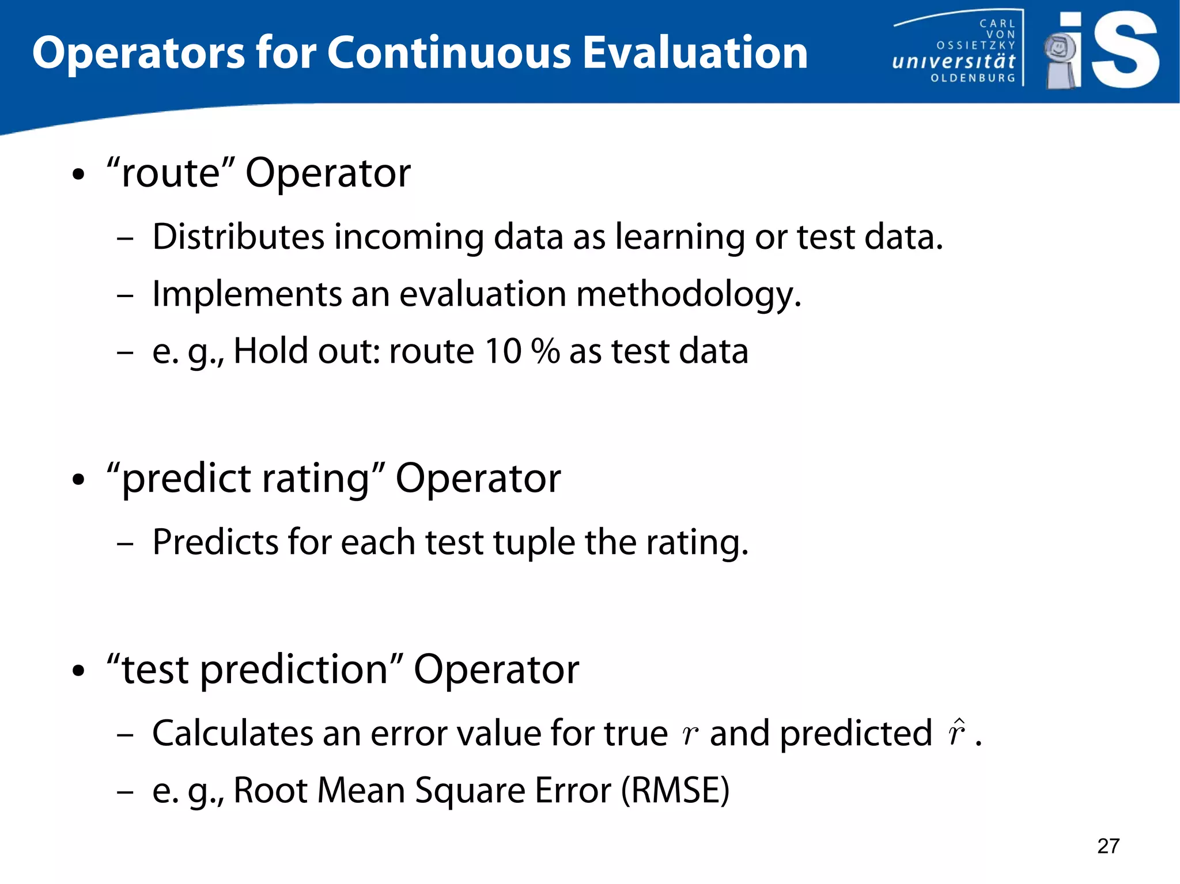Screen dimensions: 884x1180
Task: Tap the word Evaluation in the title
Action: [x=695, y=53]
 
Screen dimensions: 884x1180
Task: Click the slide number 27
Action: [x=1108, y=846]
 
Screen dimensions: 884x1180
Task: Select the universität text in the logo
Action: [x=954, y=61]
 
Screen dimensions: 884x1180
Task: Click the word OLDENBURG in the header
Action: [x=973, y=78]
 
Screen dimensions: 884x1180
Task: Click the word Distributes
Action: [x=239, y=237]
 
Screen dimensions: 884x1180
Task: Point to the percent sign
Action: [x=545, y=351]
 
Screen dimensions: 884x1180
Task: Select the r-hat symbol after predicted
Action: [x=956, y=733]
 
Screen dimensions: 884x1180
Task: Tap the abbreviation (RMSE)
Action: [x=675, y=790]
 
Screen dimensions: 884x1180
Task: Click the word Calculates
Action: [x=232, y=733]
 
